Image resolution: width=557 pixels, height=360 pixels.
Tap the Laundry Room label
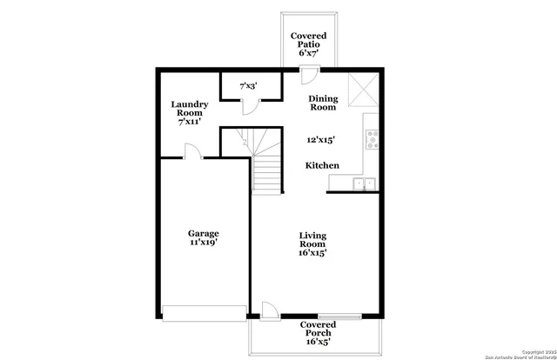188,113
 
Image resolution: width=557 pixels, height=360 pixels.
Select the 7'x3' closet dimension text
247,85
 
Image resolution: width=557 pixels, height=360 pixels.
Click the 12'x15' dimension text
321,139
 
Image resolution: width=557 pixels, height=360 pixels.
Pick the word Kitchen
321,165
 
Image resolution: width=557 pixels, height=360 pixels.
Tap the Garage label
203,238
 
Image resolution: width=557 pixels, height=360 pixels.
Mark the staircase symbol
265,161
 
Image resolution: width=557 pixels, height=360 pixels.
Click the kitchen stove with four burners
372,137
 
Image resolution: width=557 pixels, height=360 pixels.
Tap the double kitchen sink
363,183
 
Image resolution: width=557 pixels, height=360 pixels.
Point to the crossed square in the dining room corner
361,87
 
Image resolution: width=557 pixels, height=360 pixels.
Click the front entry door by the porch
270,311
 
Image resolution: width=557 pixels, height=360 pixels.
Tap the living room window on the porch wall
339,317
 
